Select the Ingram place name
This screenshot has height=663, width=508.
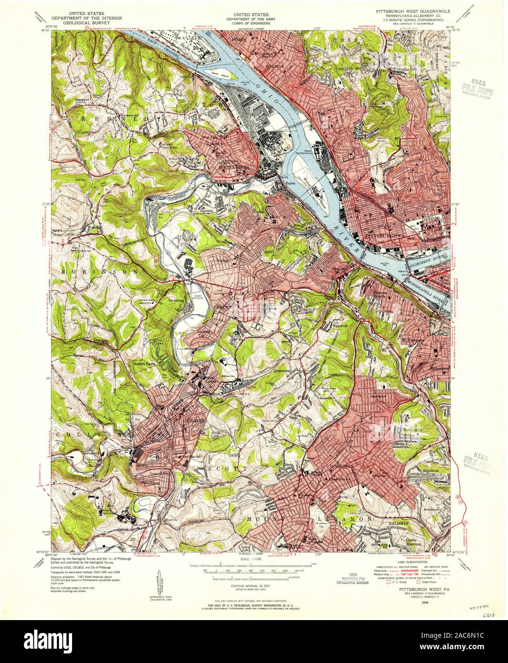(226, 260)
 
